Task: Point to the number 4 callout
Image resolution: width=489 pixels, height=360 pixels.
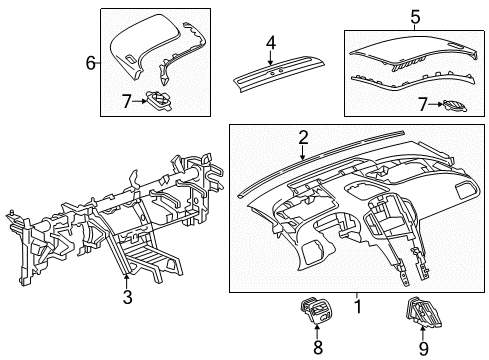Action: pos(270,42)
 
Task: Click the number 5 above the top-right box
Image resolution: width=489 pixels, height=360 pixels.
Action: pos(414,16)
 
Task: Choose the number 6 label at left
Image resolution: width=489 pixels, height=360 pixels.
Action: pos(90,63)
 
